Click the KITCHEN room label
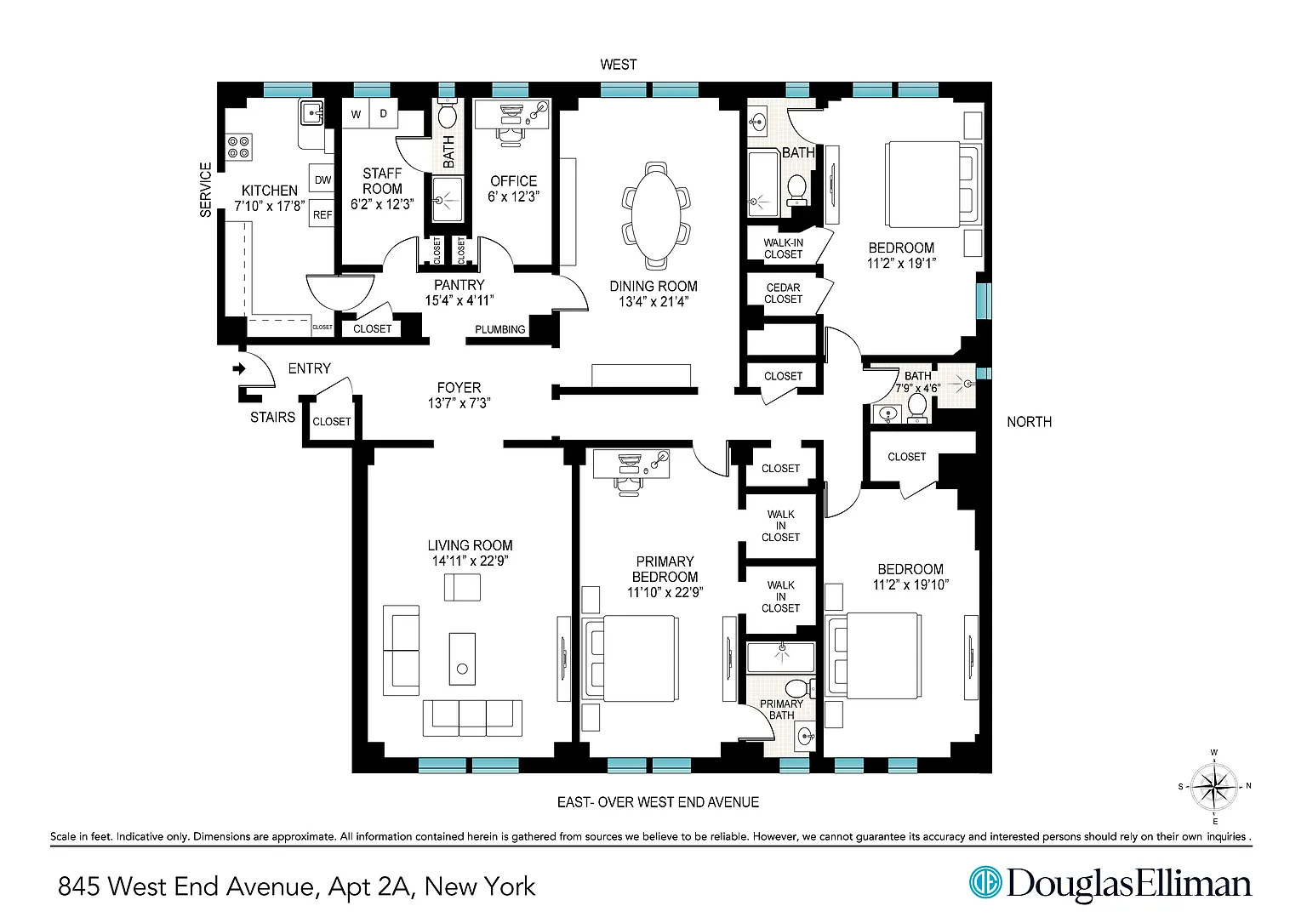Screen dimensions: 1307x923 [x=270, y=191]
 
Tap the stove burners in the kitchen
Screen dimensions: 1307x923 [x=239, y=147]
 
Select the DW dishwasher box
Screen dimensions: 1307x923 [x=322, y=180]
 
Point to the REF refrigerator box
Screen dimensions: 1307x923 [x=322, y=214]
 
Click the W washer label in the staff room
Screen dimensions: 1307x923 [x=356, y=114]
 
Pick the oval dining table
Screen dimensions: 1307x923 [x=656, y=215]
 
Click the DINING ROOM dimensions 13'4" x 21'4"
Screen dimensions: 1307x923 [x=653, y=302]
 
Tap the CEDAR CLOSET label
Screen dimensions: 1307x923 [x=783, y=293]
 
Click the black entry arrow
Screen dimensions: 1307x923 [x=239, y=368]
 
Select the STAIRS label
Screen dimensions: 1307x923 [x=272, y=417]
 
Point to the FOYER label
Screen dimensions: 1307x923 [x=459, y=387]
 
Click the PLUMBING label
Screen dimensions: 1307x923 [x=500, y=330]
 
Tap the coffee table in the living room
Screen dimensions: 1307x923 [x=462, y=658]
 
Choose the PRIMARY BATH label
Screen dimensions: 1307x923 [x=781, y=709]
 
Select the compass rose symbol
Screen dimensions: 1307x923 [x=1213, y=787]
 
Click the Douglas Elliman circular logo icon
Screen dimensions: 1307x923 [x=985, y=882]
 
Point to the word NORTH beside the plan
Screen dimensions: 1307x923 [x=1030, y=422]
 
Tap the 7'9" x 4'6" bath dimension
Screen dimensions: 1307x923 [x=918, y=387]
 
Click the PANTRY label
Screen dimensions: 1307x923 [x=459, y=285]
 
